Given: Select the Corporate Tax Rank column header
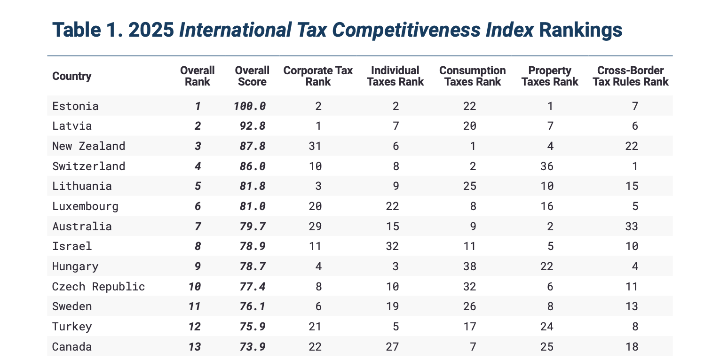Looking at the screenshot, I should point(318,76).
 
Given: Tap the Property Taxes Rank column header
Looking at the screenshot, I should point(550,76).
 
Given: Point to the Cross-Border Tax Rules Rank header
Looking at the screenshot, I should point(630,76).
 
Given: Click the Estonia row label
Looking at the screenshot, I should point(76,106).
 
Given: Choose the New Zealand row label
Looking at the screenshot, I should point(89,146).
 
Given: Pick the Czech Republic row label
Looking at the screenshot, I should point(99,287).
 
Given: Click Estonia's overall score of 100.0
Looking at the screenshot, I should point(249,106).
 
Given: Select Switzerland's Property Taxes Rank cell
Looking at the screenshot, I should point(547,166).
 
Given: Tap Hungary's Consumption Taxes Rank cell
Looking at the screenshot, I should point(470,266).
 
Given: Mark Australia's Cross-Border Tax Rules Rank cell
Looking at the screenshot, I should point(632,227).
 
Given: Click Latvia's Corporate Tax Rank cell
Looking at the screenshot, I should point(318,126).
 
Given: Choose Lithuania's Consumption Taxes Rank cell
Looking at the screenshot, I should point(470,186).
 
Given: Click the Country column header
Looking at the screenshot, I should point(72,76).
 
